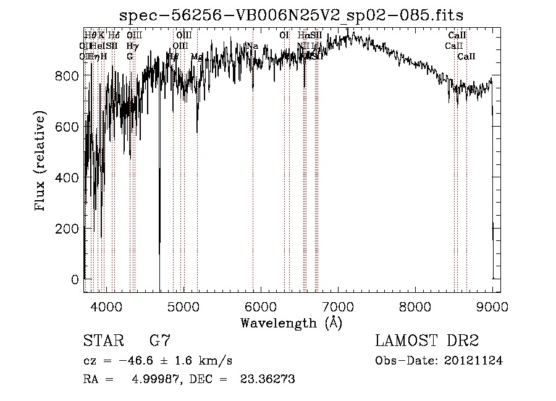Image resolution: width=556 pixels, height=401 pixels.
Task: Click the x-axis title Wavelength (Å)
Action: pyautogui.click(x=291, y=323)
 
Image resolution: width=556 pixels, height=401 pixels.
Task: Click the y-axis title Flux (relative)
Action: pyautogui.click(x=41, y=162)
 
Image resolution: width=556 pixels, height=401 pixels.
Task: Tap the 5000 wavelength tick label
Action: pyautogui.click(x=183, y=305)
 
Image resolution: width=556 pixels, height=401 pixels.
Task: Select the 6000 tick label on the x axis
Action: pyautogui.click(x=261, y=305)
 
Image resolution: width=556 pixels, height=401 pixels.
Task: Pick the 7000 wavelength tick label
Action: pyautogui.click(x=338, y=305)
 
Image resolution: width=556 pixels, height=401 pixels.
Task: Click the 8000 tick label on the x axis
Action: pyautogui.click(x=415, y=305)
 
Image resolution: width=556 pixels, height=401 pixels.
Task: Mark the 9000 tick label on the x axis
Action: pyautogui.click(x=492, y=305)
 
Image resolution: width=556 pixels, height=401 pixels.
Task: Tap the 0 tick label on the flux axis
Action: pyautogui.click(x=75, y=279)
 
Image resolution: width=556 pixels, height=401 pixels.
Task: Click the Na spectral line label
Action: pyautogui.click(x=252, y=46)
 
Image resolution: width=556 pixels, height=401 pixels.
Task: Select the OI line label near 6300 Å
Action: pyautogui.click(x=284, y=35)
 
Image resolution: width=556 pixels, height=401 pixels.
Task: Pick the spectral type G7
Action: pyautogui.click(x=160, y=340)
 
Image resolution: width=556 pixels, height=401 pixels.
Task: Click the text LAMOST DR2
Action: pyautogui.click(x=427, y=340)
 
